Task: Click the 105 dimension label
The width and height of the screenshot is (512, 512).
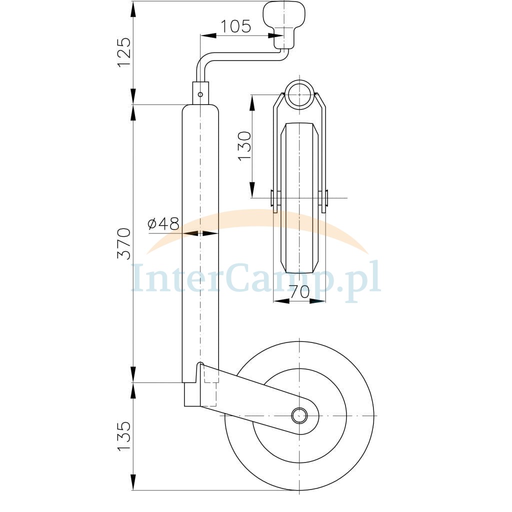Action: coord(236,26)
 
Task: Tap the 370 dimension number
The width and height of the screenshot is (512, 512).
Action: coord(124,244)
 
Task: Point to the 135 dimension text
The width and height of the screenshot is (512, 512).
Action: coord(124,436)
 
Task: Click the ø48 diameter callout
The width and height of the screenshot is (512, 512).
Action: coord(163,223)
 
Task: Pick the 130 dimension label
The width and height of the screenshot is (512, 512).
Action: coord(244,146)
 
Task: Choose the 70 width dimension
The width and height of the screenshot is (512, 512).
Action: coord(299,291)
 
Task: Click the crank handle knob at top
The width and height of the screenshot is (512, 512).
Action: coord(284,25)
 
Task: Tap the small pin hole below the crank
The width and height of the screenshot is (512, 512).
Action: coord(200,94)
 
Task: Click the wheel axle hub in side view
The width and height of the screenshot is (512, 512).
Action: coord(299,415)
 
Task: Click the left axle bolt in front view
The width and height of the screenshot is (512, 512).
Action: coord(275,198)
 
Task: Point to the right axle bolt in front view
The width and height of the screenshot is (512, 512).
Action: coord(323,198)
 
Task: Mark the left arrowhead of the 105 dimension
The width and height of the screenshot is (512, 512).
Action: coord(207,35)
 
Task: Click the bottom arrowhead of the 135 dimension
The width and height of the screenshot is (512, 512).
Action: coord(133,482)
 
